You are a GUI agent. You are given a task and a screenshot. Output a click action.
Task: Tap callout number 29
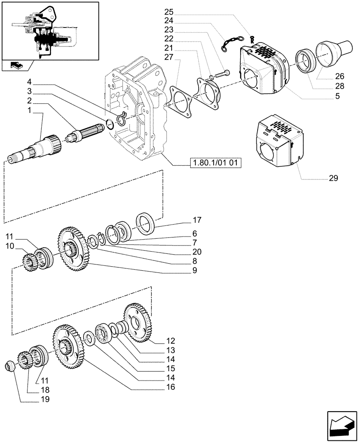coord(333,179)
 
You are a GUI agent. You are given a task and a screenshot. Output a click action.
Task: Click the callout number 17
coord(197,219)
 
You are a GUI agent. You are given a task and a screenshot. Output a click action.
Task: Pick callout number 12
coord(170,341)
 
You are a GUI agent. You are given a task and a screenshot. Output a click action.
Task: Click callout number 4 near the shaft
coord(29,82)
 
